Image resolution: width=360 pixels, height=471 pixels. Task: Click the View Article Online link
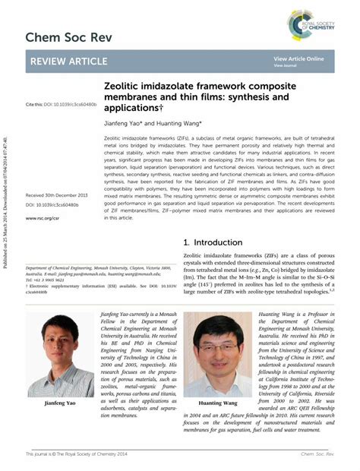(298, 58)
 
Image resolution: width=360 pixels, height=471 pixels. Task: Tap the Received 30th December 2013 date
(57, 195)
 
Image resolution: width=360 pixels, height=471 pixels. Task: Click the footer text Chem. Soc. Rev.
(315, 454)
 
